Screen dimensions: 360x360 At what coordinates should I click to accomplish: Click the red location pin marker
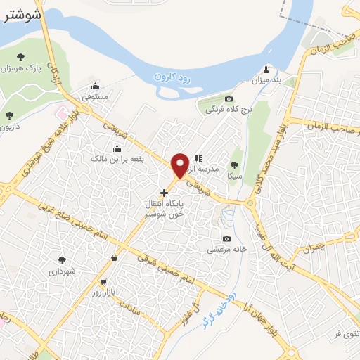(x=180, y=165)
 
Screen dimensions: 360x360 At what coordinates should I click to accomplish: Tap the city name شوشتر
(x=19, y=14)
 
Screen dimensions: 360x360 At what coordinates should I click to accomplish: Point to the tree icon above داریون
(x=9, y=115)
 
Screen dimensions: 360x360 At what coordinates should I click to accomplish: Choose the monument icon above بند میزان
(x=266, y=69)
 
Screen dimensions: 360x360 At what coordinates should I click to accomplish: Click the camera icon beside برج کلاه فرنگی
(x=229, y=99)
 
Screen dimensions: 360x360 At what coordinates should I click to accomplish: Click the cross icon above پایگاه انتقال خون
(x=164, y=192)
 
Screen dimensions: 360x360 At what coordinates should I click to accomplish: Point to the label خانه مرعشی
(x=224, y=249)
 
